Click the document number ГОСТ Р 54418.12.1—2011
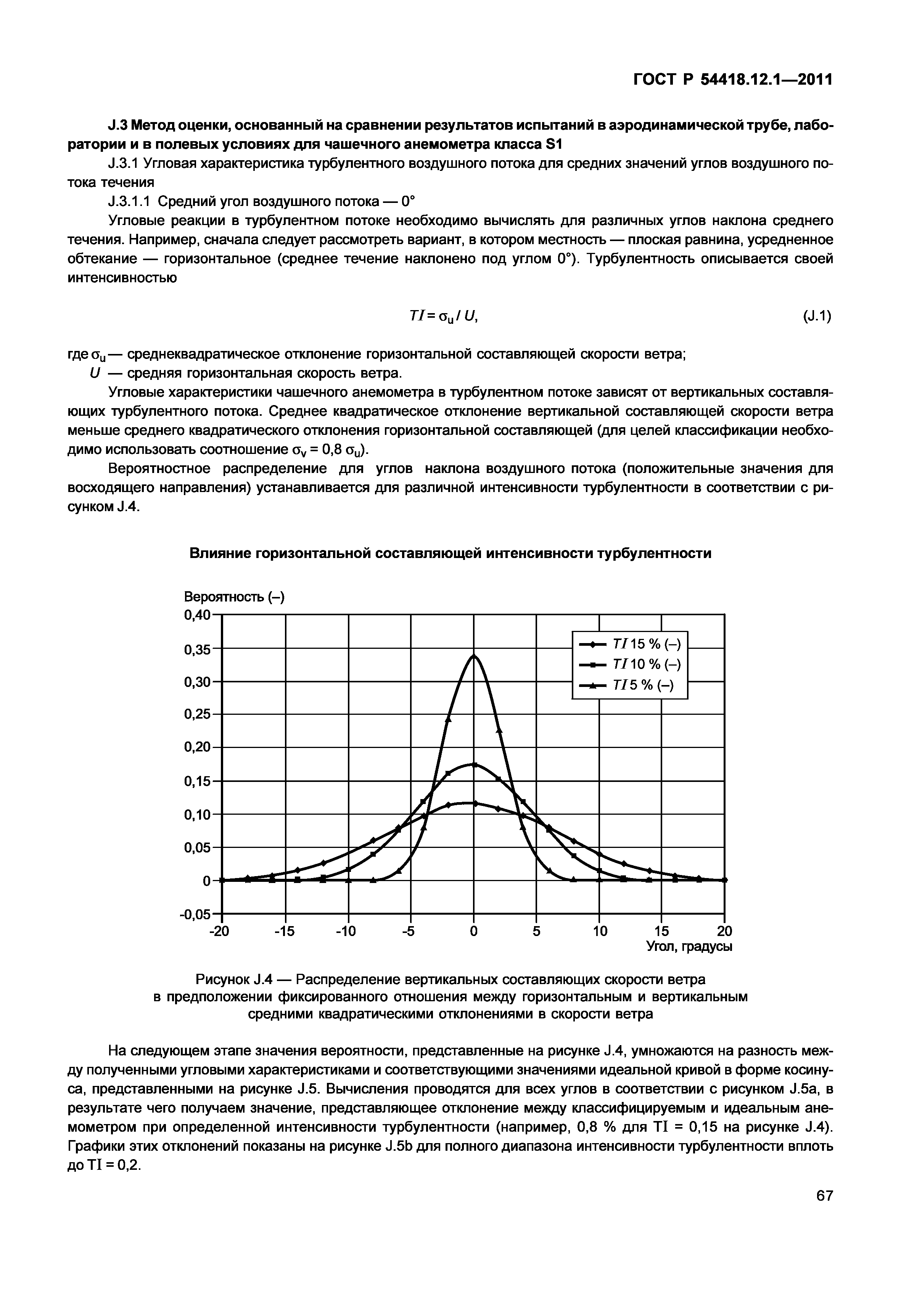(x=732, y=80)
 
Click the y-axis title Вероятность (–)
(x=234, y=597)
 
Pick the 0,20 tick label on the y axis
(x=197, y=748)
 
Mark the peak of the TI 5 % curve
(x=474, y=655)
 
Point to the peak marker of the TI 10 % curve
(x=474, y=765)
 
